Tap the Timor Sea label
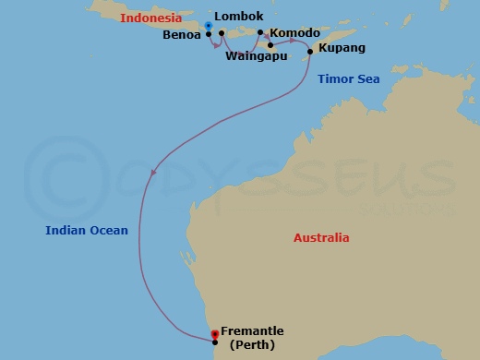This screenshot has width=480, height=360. pos(348,80)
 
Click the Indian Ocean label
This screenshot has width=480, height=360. pos(87,231)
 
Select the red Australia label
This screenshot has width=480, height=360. pos(321,237)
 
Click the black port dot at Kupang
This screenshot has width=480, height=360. pos(309,52)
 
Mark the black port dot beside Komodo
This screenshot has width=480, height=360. pos(260,33)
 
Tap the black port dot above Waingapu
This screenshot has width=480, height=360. pos(270,44)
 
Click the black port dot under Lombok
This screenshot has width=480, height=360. pos(222,33)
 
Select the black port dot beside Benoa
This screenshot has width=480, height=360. pos(209,34)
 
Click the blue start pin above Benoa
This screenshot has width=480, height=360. pos(209,25)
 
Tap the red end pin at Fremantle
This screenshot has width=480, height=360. pos(214,333)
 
